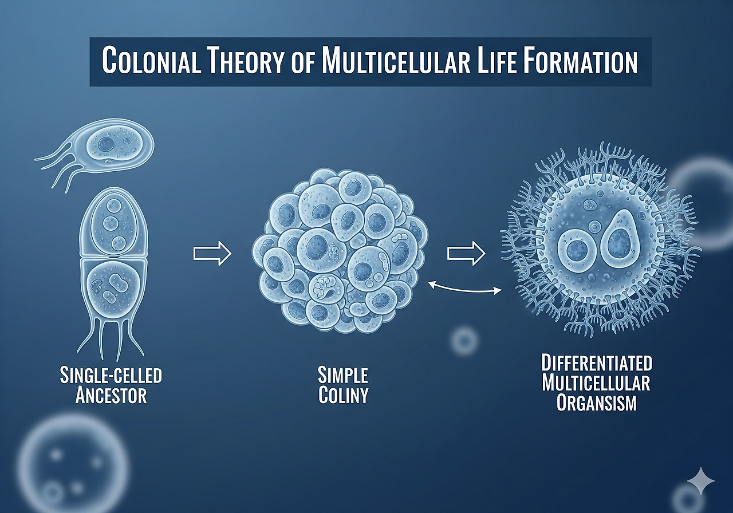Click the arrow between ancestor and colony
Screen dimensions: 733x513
(212, 254)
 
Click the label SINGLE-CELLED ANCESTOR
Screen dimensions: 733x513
(111, 385)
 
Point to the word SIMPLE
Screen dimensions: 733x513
(343, 376)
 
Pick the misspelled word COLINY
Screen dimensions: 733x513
(343, 395)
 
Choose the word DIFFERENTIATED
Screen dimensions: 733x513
(597, 363)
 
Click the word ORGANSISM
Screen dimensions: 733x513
(597, 402)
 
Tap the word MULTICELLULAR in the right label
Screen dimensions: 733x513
(597, 382)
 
